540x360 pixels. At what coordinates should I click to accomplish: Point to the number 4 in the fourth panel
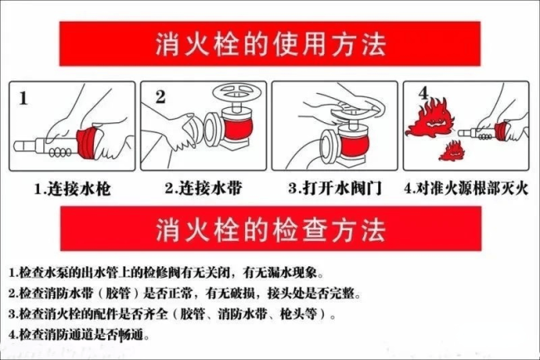point(424,92)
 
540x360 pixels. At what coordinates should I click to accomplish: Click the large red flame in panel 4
point(432,118)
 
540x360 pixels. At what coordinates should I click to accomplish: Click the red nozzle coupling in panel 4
point(503,131)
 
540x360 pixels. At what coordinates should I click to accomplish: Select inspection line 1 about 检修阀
point(166,273)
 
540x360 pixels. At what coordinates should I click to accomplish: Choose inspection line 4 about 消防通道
point(79,336)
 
